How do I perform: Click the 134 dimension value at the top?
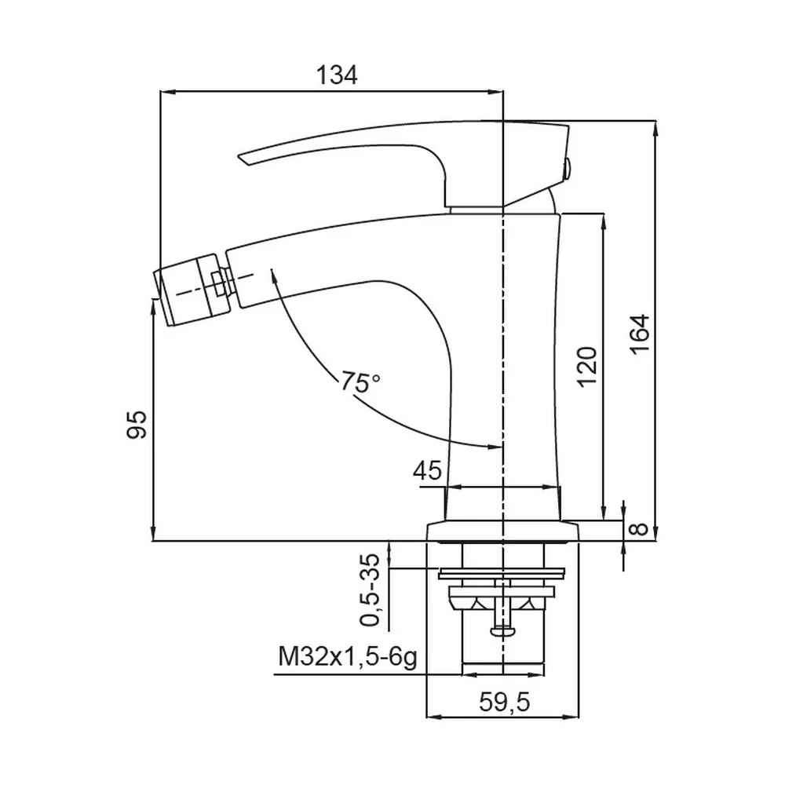337,75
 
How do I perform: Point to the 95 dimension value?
136,425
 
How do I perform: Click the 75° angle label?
360,382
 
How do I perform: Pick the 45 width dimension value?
428,470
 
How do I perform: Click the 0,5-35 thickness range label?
371,590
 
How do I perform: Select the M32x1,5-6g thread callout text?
348,657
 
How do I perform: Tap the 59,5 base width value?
504,703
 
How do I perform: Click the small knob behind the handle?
568,170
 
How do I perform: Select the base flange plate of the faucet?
502,531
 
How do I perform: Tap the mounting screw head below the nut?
502,631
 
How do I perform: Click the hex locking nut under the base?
502,598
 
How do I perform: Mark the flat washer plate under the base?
502,573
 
